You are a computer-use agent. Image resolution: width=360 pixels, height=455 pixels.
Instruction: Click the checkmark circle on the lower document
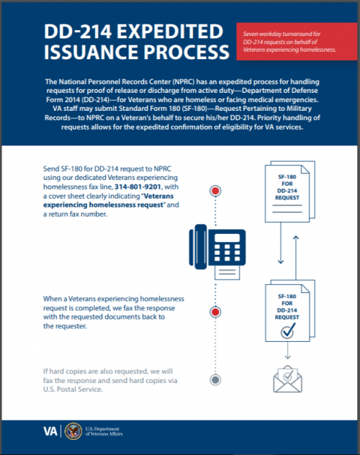287,330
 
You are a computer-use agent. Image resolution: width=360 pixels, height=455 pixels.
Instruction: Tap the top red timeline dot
215,192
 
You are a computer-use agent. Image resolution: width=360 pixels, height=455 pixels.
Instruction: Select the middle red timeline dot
215,312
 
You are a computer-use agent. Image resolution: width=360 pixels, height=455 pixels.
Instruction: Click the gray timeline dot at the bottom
215,380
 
